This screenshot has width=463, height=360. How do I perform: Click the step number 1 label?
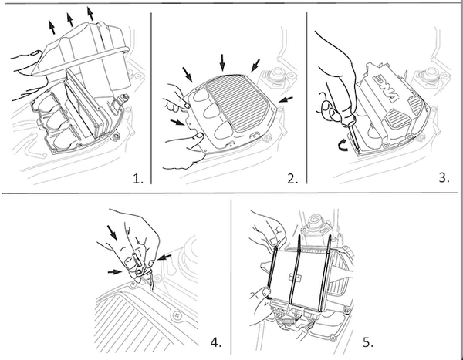coord(138,178)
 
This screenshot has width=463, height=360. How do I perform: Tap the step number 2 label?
coord(292,178)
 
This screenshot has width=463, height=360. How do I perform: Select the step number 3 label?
coord(444,177)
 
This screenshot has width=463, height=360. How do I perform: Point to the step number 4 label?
coord(216,342)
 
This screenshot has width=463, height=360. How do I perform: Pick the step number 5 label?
coord(368,342)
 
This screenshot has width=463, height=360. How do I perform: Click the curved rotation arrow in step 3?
coord(343,146)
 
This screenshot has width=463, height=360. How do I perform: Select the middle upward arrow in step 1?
coord(70,20)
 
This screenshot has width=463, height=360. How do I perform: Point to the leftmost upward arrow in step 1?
coord(52,28)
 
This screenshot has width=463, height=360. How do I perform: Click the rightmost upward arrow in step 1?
coord(90,14)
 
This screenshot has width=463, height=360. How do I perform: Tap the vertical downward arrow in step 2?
coord(222,63)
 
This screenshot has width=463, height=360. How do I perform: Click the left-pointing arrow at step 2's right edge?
coord(286,99)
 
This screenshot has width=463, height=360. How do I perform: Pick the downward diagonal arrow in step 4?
coord(113,233)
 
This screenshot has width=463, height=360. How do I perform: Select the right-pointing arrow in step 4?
coord(115,272)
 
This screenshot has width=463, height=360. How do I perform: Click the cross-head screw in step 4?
coord(177,315)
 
